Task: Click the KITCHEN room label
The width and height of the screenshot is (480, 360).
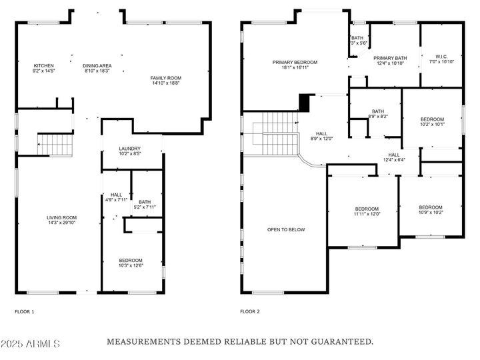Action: click(43, 66)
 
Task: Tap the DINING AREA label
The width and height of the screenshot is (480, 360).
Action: click(97, 66)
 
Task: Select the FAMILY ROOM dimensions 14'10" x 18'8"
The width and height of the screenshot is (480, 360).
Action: click(165, 83)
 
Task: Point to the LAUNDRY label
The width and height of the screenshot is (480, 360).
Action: click(130, 149)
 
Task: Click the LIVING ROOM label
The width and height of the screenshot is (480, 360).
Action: click(61, 217)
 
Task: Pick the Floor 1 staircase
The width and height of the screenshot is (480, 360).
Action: click(55, 145)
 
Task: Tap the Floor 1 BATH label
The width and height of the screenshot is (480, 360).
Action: click(145, 202)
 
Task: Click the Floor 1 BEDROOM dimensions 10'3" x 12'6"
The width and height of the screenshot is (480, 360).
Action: click(131, 265)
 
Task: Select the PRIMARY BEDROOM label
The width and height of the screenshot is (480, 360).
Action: click(295, 63)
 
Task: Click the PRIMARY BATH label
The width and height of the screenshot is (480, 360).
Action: click(390, 58)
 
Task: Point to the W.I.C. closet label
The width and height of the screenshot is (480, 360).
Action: click(441, 57)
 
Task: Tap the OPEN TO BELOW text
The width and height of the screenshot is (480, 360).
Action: click(286, 229)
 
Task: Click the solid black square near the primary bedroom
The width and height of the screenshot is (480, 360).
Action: click(304, 103)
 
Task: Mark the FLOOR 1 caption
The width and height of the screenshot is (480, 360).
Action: click(25, 311)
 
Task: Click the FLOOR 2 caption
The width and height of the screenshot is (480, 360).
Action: click(250, 311)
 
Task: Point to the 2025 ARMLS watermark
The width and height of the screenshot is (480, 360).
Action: click(30, 343)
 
